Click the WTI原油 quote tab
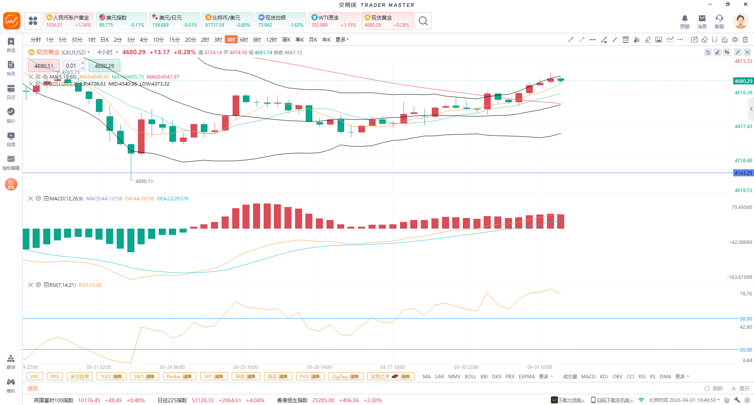[x=334, y=21]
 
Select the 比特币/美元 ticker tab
[x=227, y=21]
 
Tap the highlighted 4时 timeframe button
[x=231, y=40]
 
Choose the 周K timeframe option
[x=286, y=40]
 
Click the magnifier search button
[x=423, y=21]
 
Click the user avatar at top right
[x=740, y=21]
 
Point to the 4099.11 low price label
[x=144, y=181]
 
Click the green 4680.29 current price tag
[x=743, y=81]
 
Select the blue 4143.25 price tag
[x=743, y=173]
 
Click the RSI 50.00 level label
[x=745, y=319]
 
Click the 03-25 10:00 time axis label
[x=246, y=367]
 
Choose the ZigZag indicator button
[x=345, y=376]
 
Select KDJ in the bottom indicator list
[x=604, y=376]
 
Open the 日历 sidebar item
[x=11, y=92]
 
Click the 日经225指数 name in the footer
[x=172, y=400]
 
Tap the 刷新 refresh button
[x=714, y=389]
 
